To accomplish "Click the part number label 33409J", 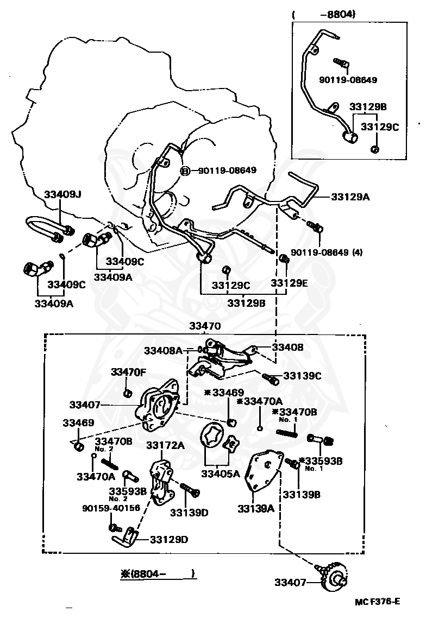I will click(x=62, y=194).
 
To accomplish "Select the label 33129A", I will click(x=350, y=197).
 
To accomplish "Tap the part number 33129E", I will click(x=289, y=283).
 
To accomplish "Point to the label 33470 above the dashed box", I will click(x=205, y=326).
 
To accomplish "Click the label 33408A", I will click(x=163, y=351).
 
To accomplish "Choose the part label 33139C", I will click(x=302, y=375).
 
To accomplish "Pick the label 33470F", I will click(x=129, y=372).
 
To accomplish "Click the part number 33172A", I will click(x=165, y=445).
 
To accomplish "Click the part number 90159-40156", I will click(x=111, y=508).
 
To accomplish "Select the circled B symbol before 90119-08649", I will click(x=185, y=170).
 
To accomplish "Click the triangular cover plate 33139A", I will click(x=262, y=472).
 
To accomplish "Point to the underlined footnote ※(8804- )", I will click(x=158, y=573).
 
